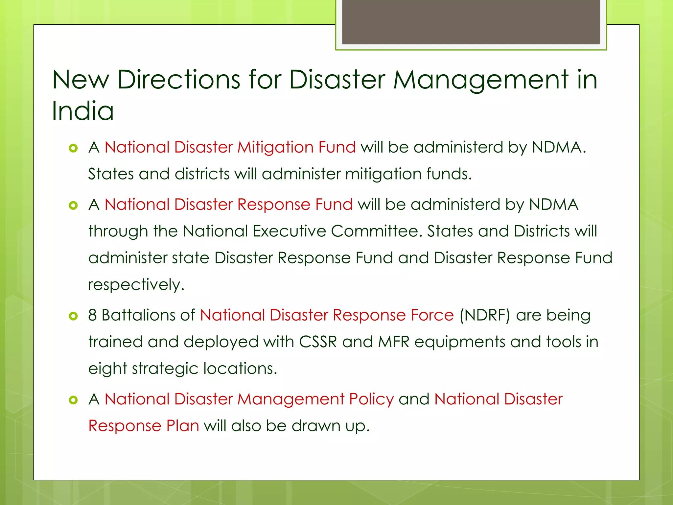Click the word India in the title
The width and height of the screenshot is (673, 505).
(x=83, y=111)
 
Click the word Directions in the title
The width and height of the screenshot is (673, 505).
(x=179, y=80)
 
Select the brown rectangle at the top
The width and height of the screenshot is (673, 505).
(x=471, y=22)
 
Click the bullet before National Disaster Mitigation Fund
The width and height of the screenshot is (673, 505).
(x=73, y=148)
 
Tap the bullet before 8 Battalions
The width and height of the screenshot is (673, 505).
(x=73, y=316)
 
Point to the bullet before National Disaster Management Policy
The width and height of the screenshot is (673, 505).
(x=73, y=400)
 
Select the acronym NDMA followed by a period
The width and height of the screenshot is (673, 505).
(x=559, y=147)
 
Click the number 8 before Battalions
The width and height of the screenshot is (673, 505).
(x=92, y=315)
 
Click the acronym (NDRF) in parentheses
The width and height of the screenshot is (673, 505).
(x=485, y=315)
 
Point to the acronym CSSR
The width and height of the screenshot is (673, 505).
(x=318, y=342)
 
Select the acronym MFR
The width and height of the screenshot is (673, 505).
(x=394, y=342)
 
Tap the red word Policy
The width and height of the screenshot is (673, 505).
(x=371, y=399)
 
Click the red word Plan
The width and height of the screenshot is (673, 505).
(x=182, y=426)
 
